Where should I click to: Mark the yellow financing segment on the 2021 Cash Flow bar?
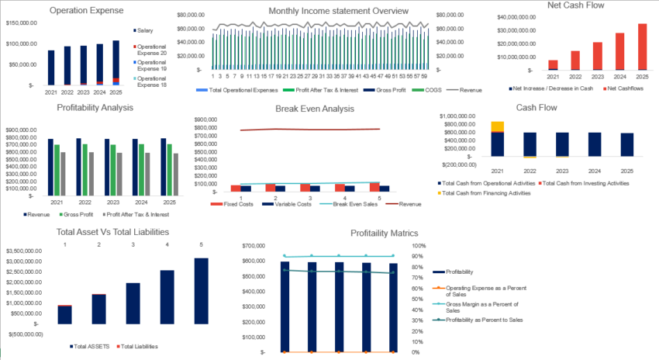pos(497,126)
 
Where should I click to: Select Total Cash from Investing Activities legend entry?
pos(586,182)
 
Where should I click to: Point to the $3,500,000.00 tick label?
pos(29,251)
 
